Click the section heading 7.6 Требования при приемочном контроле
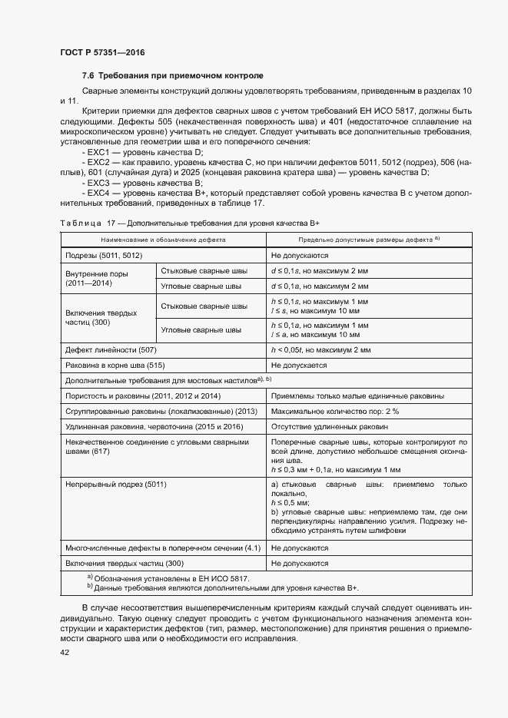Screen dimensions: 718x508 click(172, 76)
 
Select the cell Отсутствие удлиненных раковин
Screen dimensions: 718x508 click(330, 426)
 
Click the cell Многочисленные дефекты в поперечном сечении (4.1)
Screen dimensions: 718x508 click(164, 548)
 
